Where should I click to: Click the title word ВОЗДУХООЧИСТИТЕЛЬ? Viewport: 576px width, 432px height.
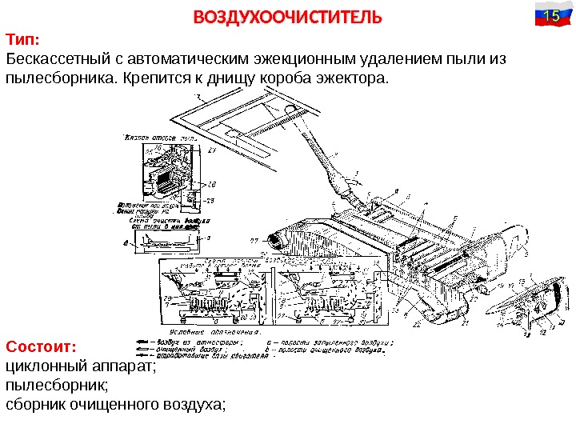(288, 17)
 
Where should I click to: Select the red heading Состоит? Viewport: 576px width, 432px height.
(40, 347)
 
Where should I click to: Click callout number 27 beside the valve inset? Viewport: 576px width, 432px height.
(211, 151)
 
